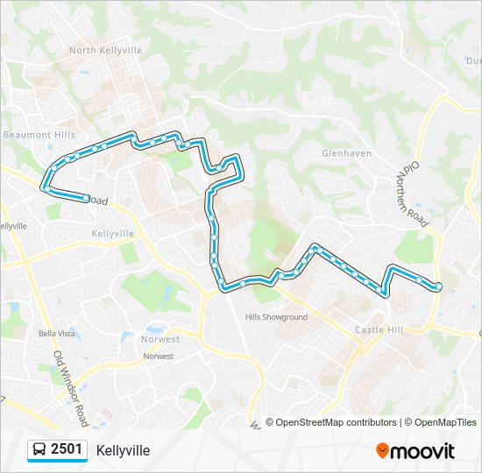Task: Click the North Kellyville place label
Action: [105, 51]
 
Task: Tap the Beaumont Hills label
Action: [39, 135]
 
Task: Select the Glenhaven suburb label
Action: [347, 153]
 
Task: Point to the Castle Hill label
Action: [379, 329]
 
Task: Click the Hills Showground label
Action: [276, 317]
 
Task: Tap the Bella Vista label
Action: [53, 334]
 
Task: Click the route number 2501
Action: [67, 449]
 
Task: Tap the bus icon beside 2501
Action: [39, 450]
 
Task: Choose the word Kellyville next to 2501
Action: [123, 450]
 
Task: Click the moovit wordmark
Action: [423, 451]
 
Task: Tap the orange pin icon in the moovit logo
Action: [382, 450]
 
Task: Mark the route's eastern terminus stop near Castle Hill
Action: [437, 286]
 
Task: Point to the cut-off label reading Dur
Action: [473, 60]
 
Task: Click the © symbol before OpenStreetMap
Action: [270, 422]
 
